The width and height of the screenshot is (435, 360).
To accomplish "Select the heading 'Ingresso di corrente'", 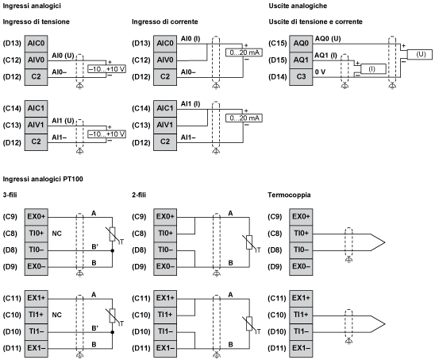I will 162,21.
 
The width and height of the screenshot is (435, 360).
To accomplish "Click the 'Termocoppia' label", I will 289,195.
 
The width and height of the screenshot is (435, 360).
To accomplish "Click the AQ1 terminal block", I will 301,60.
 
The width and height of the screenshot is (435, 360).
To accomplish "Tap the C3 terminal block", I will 301,76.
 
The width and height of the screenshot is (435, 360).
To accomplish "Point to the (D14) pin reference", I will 278,76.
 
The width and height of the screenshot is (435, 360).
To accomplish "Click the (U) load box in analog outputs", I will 420,54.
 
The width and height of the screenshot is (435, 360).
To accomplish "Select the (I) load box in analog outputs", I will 373,69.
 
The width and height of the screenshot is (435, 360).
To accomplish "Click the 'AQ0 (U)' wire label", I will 328,38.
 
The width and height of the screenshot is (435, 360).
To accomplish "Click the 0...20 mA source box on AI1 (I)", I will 244,118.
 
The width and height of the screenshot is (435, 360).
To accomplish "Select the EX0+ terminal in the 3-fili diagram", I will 35,217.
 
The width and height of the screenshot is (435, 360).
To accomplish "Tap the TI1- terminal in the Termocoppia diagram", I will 301,331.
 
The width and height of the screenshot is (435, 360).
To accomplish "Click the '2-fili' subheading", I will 140,195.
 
